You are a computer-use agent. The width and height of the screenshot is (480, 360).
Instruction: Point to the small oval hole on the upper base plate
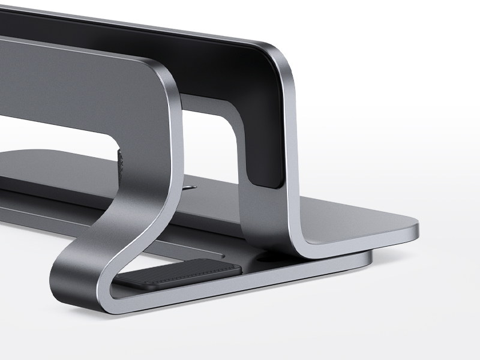point(190,187)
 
